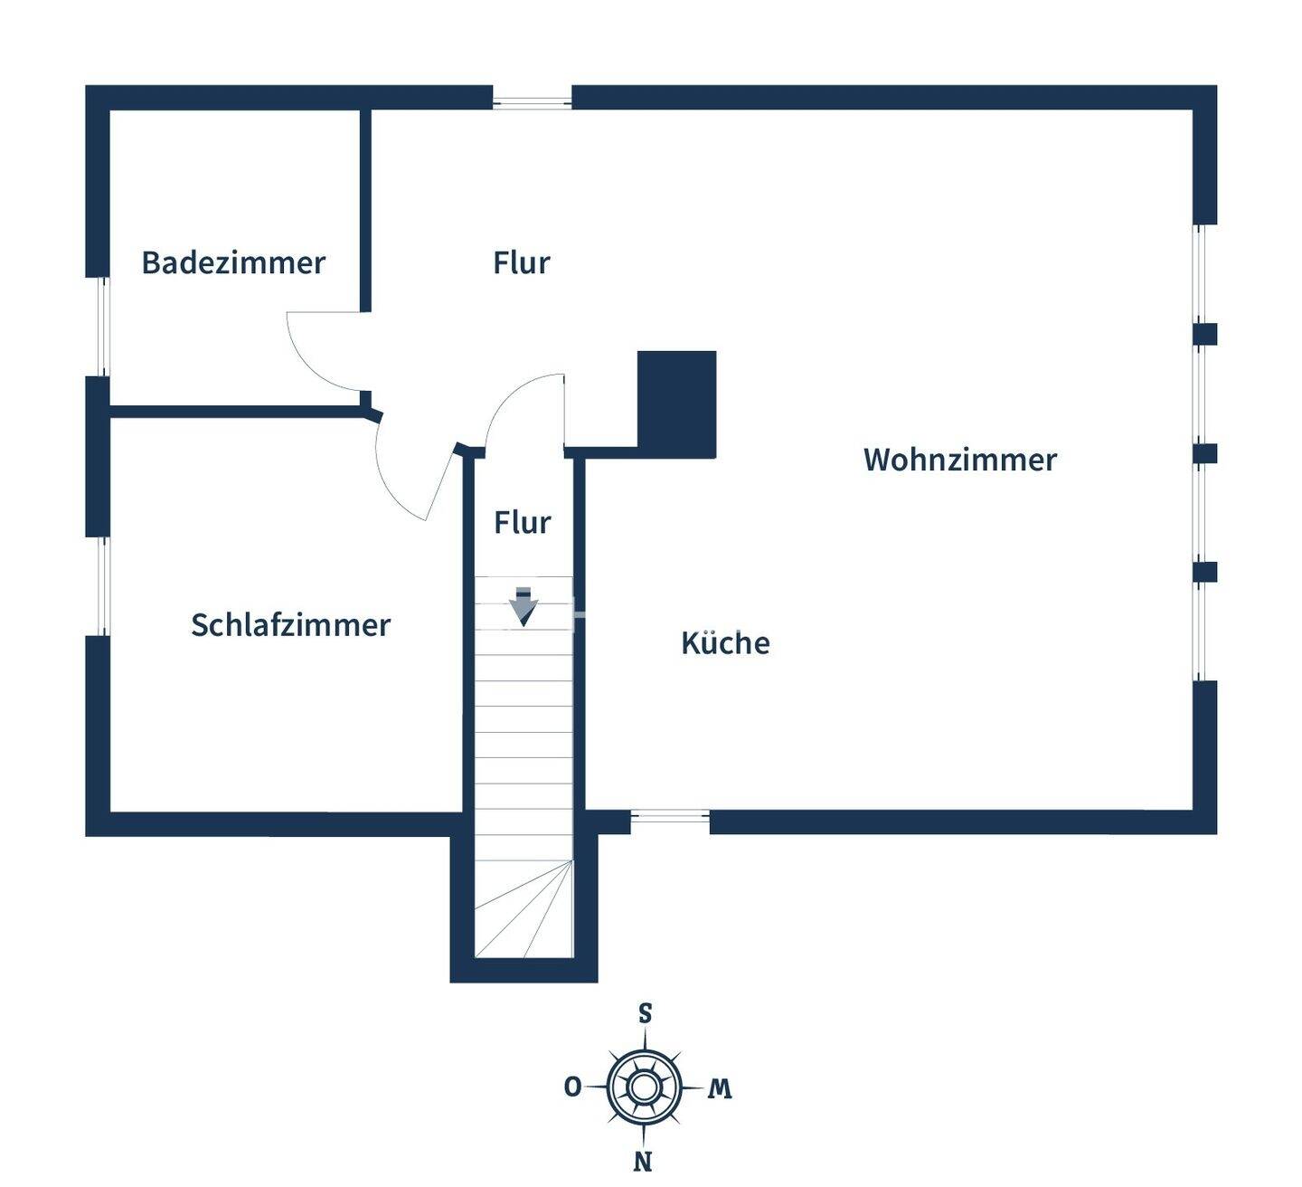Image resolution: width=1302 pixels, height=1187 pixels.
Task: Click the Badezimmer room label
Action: pos(233,262)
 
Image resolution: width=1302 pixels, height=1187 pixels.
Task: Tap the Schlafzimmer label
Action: pos(290,625)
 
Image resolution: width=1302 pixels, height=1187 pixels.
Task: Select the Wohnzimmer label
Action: pos(959,460)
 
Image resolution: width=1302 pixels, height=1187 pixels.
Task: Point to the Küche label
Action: pos(725,643)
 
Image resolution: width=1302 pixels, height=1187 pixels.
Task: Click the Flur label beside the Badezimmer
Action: pos(522,262)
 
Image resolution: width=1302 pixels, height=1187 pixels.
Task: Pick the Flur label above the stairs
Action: pos(522,522)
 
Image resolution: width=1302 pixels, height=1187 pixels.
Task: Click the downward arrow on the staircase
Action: pos(523,607)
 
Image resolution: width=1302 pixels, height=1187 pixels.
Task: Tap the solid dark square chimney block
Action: pos(676,404)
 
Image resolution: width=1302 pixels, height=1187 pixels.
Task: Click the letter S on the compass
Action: pos(645,1013)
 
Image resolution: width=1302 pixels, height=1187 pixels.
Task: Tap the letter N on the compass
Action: pos(644,1161)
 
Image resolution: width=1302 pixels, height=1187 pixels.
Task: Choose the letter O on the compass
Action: pos(572,1087)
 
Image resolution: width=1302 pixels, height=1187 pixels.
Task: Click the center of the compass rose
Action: pos(644,1086)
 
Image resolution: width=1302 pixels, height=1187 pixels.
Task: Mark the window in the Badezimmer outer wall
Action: pos(101,326)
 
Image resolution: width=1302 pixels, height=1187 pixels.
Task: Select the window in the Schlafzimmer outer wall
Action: pos(101,585)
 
